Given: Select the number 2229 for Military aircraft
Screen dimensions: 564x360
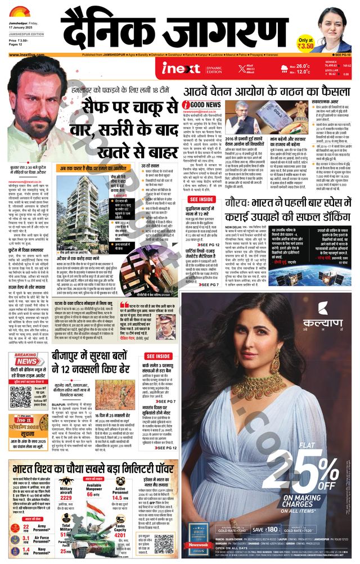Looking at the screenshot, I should click(x=66, y=498).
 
